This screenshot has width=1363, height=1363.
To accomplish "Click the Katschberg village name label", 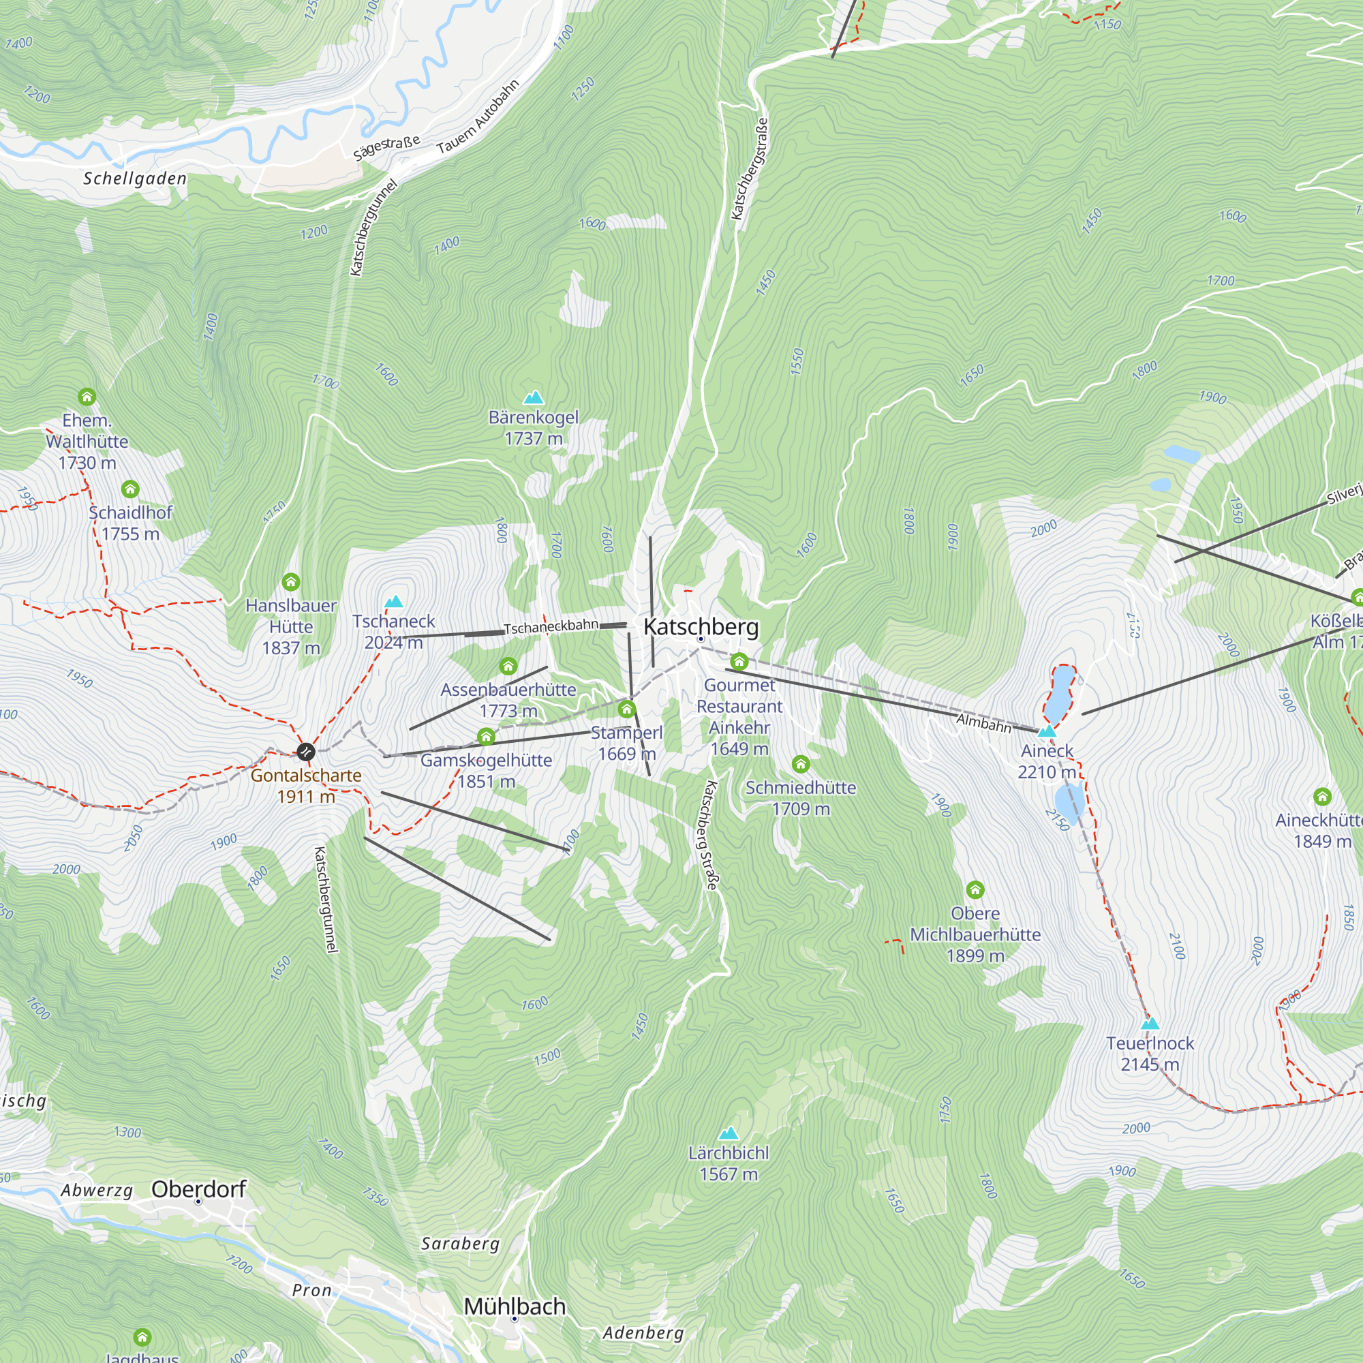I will click(x=701, y=626).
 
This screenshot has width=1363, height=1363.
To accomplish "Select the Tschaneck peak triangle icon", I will click(x=394, y=602).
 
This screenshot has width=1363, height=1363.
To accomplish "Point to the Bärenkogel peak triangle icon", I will click(x=534, y=398).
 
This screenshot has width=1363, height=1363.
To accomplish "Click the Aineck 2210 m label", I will click(x=1047, y=761).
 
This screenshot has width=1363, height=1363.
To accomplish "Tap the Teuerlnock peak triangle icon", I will click(x=1150, y=1024).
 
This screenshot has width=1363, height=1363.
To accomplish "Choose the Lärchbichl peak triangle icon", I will click(x=728, y=1134).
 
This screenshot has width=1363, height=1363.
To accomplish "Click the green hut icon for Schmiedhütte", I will click(x=800, y=764).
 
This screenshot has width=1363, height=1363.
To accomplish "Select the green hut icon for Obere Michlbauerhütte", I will click(x=975, y=889).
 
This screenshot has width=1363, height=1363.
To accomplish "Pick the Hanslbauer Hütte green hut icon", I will click(x=291, y=582).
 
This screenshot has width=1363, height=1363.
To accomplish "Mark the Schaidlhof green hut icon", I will click(x=129, y=489).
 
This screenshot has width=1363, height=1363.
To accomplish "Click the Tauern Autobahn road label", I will click(x=478, y=117).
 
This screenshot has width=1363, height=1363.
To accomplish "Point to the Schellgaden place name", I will click(x=135, y=179).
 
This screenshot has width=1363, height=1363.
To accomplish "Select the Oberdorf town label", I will click(x=198, y=1189).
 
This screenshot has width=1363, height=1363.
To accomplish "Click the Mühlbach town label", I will click(x=515, y=1306).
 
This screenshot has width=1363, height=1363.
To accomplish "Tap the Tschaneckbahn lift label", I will click(x=550, y=626).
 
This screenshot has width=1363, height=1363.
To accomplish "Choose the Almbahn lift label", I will click(x=983, y=723).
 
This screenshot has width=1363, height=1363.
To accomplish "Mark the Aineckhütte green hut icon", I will click(x=1322, y=797).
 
